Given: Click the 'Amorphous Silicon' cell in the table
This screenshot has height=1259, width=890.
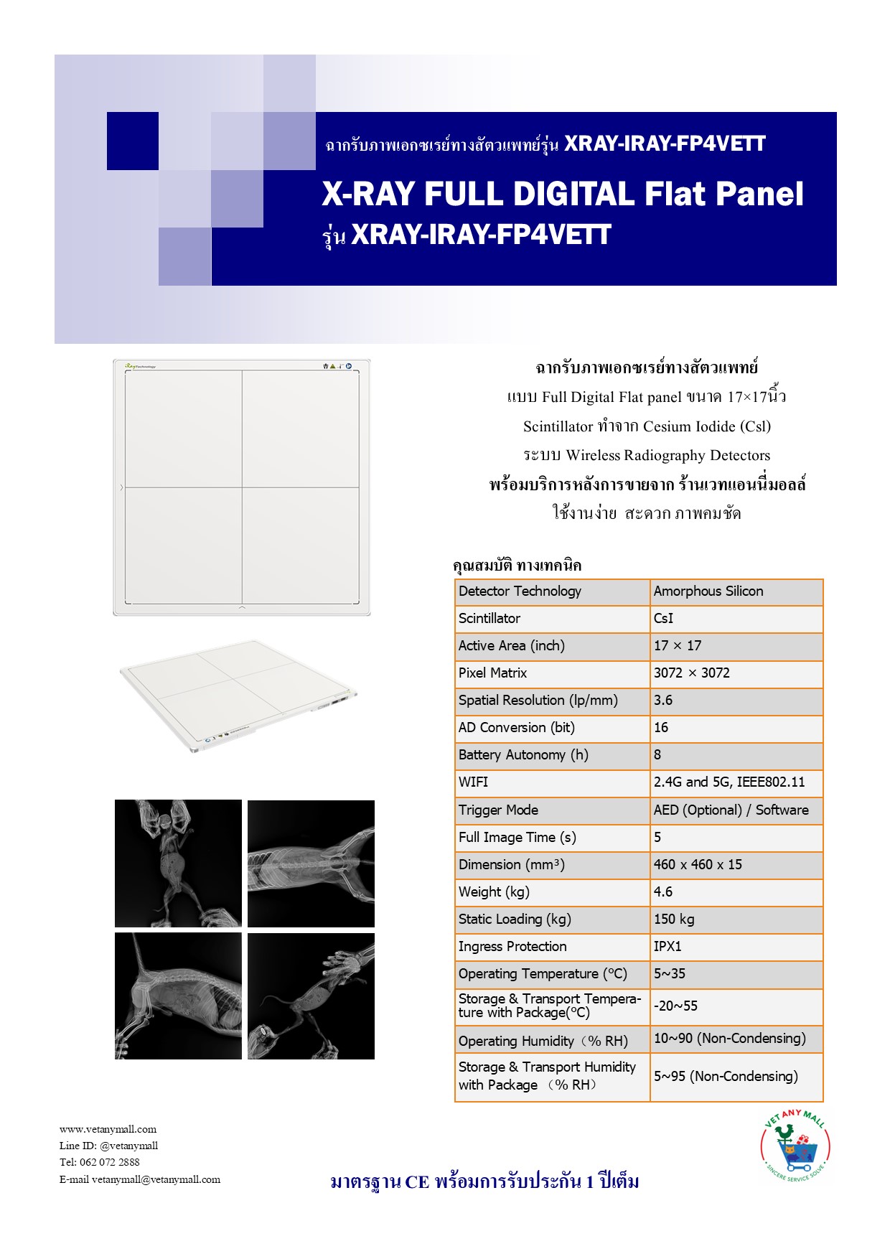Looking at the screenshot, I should (708, 591).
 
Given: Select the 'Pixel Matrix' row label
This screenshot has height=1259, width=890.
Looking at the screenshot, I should (492, 673).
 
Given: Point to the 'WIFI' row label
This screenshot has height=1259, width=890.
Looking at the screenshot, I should (473, 782).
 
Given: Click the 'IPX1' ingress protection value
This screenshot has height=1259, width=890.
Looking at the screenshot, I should (667, 947).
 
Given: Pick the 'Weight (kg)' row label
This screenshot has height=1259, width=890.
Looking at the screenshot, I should (494, 892).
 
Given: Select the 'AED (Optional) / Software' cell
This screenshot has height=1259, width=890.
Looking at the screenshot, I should (731, 810).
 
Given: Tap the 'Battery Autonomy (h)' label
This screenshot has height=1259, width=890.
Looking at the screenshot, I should (523, 755).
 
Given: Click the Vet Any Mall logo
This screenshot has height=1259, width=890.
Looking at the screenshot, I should (795, 1146).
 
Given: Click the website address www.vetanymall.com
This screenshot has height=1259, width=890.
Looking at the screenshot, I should (108, 1129).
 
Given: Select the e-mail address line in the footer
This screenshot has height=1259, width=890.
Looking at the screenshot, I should (140, 1179).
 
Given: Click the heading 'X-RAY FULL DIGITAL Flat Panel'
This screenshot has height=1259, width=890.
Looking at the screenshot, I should (563, 195).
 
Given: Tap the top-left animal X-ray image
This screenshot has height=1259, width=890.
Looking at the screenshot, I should (178, 863).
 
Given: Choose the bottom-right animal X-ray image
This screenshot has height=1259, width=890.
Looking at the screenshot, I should (311, 996).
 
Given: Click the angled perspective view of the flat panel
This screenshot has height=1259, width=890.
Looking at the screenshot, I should (239, 695).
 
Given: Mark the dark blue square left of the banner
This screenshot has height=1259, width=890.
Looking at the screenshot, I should (133, 141).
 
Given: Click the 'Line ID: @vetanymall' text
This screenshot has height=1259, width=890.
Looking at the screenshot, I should (108, 1146).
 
